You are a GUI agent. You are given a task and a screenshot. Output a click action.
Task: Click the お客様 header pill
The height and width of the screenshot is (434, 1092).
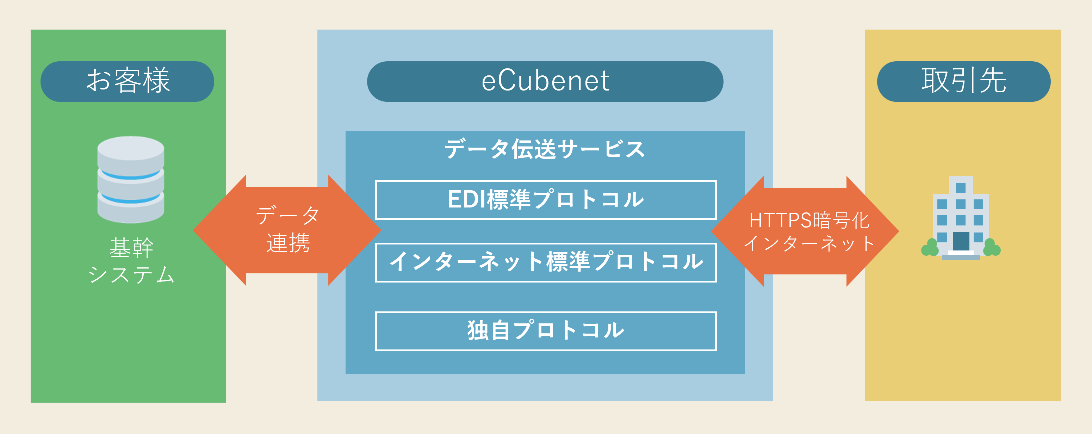(x=127, y=81)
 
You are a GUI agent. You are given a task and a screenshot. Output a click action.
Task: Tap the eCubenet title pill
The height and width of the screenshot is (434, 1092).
(x=545, y=81)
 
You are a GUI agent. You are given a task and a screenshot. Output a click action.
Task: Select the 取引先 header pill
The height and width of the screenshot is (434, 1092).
(x=963, y=81)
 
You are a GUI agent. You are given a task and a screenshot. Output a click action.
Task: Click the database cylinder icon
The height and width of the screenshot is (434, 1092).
(x=131, y=179)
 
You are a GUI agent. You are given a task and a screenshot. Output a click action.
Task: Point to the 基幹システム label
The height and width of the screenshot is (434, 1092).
(x=131, y=260)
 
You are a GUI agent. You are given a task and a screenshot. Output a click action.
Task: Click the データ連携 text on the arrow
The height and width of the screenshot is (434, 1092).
(x=288, y=229)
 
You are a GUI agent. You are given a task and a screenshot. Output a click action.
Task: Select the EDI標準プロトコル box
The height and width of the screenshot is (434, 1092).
(x=546, y=200)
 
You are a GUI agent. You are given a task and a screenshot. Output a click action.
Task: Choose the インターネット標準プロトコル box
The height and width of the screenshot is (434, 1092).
(x=546, y=262)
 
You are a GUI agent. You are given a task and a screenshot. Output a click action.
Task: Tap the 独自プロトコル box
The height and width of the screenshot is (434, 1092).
(x=546, y=331)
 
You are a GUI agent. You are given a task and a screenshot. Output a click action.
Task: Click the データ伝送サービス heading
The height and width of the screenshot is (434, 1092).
(x=545, y=149)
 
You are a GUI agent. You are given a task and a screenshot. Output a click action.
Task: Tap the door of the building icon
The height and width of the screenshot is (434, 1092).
(x=961, y=241)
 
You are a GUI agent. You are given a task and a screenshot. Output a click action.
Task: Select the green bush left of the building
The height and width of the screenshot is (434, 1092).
(x=930, y=248)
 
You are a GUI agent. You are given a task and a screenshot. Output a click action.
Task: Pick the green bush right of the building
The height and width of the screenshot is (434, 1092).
(x=992, y=248)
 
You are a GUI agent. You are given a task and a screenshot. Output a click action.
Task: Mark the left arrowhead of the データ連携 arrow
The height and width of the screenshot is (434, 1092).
(x=219, y=230)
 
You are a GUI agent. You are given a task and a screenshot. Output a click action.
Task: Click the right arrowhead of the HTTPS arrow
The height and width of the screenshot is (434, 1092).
(x=873, y=231)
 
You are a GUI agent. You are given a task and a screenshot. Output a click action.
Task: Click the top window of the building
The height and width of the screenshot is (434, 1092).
(x=961, y=188)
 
